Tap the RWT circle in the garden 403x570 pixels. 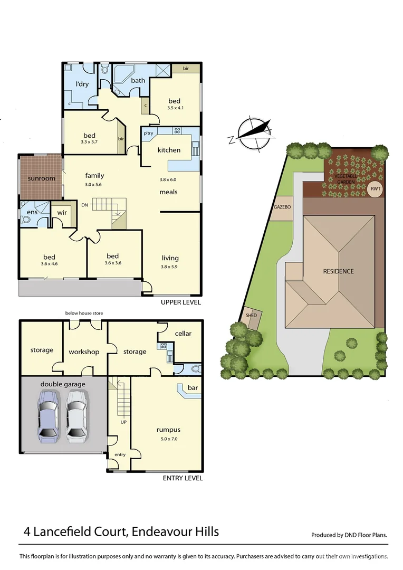coord(375,188)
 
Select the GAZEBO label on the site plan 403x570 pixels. coord(282,207)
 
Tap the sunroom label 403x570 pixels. coord(42,178)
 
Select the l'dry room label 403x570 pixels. coord(81,84)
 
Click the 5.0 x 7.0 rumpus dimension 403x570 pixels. coord(168,439)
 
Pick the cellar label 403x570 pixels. coord(183,334)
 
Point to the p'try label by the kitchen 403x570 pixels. coord(148,134)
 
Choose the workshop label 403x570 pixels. coord(84,352)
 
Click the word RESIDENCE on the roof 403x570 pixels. coord(339,271)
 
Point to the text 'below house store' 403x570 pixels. coord(84,313)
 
